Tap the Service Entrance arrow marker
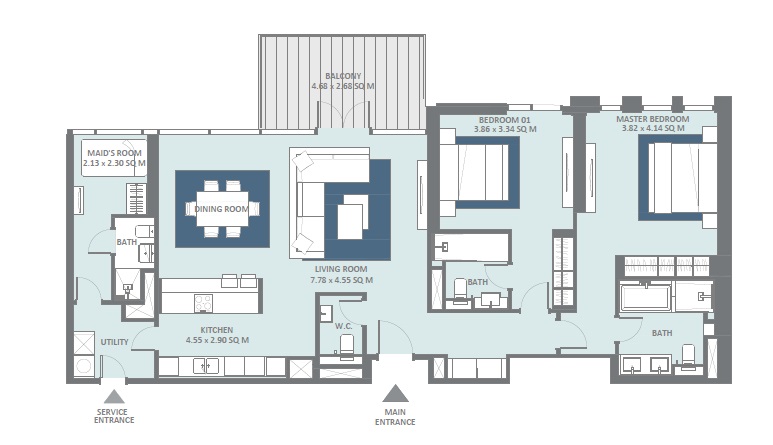pos(114,395)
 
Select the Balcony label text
pos(343,76)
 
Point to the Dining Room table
pos(222,208)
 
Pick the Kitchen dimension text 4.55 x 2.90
pos(216,340)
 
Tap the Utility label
pos(114,342)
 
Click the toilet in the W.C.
pos(347,346)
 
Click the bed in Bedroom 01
pos(478,173)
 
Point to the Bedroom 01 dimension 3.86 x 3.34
pos(505,129)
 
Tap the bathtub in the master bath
pos(646,297)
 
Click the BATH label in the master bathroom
pos(661,333)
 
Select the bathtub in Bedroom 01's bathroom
pos(471,246)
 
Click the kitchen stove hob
pos(203,301)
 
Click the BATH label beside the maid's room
pos(126,241)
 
